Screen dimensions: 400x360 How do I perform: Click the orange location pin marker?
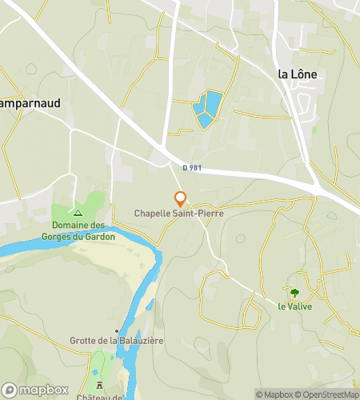181,198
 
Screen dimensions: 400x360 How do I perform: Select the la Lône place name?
297,74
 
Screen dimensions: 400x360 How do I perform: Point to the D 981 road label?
193,168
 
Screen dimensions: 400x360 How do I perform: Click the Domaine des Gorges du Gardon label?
78,231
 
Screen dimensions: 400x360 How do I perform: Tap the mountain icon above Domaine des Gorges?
78,213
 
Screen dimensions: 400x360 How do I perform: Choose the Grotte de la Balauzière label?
117,341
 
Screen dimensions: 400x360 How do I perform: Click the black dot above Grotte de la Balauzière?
118,330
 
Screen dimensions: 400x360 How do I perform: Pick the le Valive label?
294,306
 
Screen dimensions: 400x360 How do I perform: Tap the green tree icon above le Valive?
294,294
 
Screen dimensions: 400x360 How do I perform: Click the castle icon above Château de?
100,386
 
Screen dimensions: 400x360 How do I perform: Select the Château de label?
100,397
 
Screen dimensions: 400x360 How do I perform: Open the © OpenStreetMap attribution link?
326,394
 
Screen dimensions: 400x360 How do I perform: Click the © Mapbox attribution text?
274,394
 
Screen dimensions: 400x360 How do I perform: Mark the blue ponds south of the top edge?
207,109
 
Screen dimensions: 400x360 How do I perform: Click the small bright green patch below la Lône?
314,129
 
